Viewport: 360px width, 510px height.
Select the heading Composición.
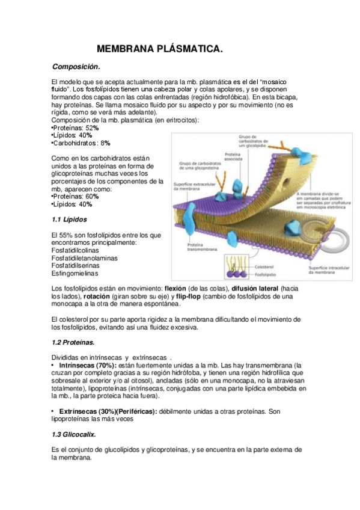click(x=76, y=66)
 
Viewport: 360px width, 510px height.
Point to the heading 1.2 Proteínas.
click(x=73, y=342)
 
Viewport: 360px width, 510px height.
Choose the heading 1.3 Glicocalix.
click(x=75, y=434)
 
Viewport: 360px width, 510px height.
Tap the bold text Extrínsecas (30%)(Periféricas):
click(x=108, y=411)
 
